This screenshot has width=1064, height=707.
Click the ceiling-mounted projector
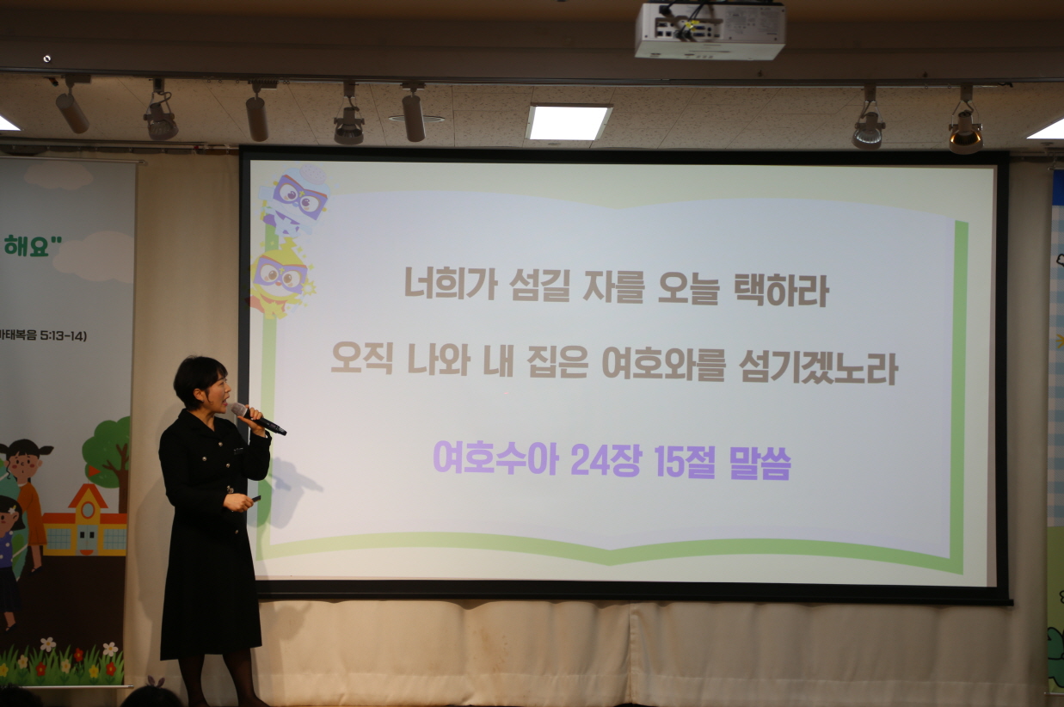click(710, 30)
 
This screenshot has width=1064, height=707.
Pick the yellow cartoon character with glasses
click(280, 277)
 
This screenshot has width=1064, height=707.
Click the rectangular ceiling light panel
click(568, 122)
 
